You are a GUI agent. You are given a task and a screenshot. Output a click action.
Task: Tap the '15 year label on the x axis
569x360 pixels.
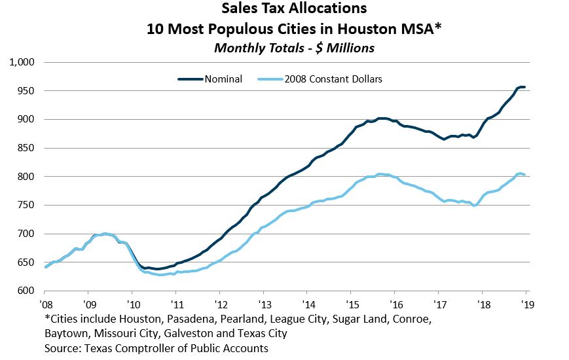350,304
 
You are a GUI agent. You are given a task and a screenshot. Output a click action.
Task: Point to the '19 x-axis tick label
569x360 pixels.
525,304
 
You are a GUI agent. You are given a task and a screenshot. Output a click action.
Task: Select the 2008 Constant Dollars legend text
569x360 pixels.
333,79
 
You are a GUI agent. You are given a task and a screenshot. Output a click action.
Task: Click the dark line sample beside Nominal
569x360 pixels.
191,79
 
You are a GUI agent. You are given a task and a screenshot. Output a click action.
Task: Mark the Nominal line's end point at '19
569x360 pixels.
524,87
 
